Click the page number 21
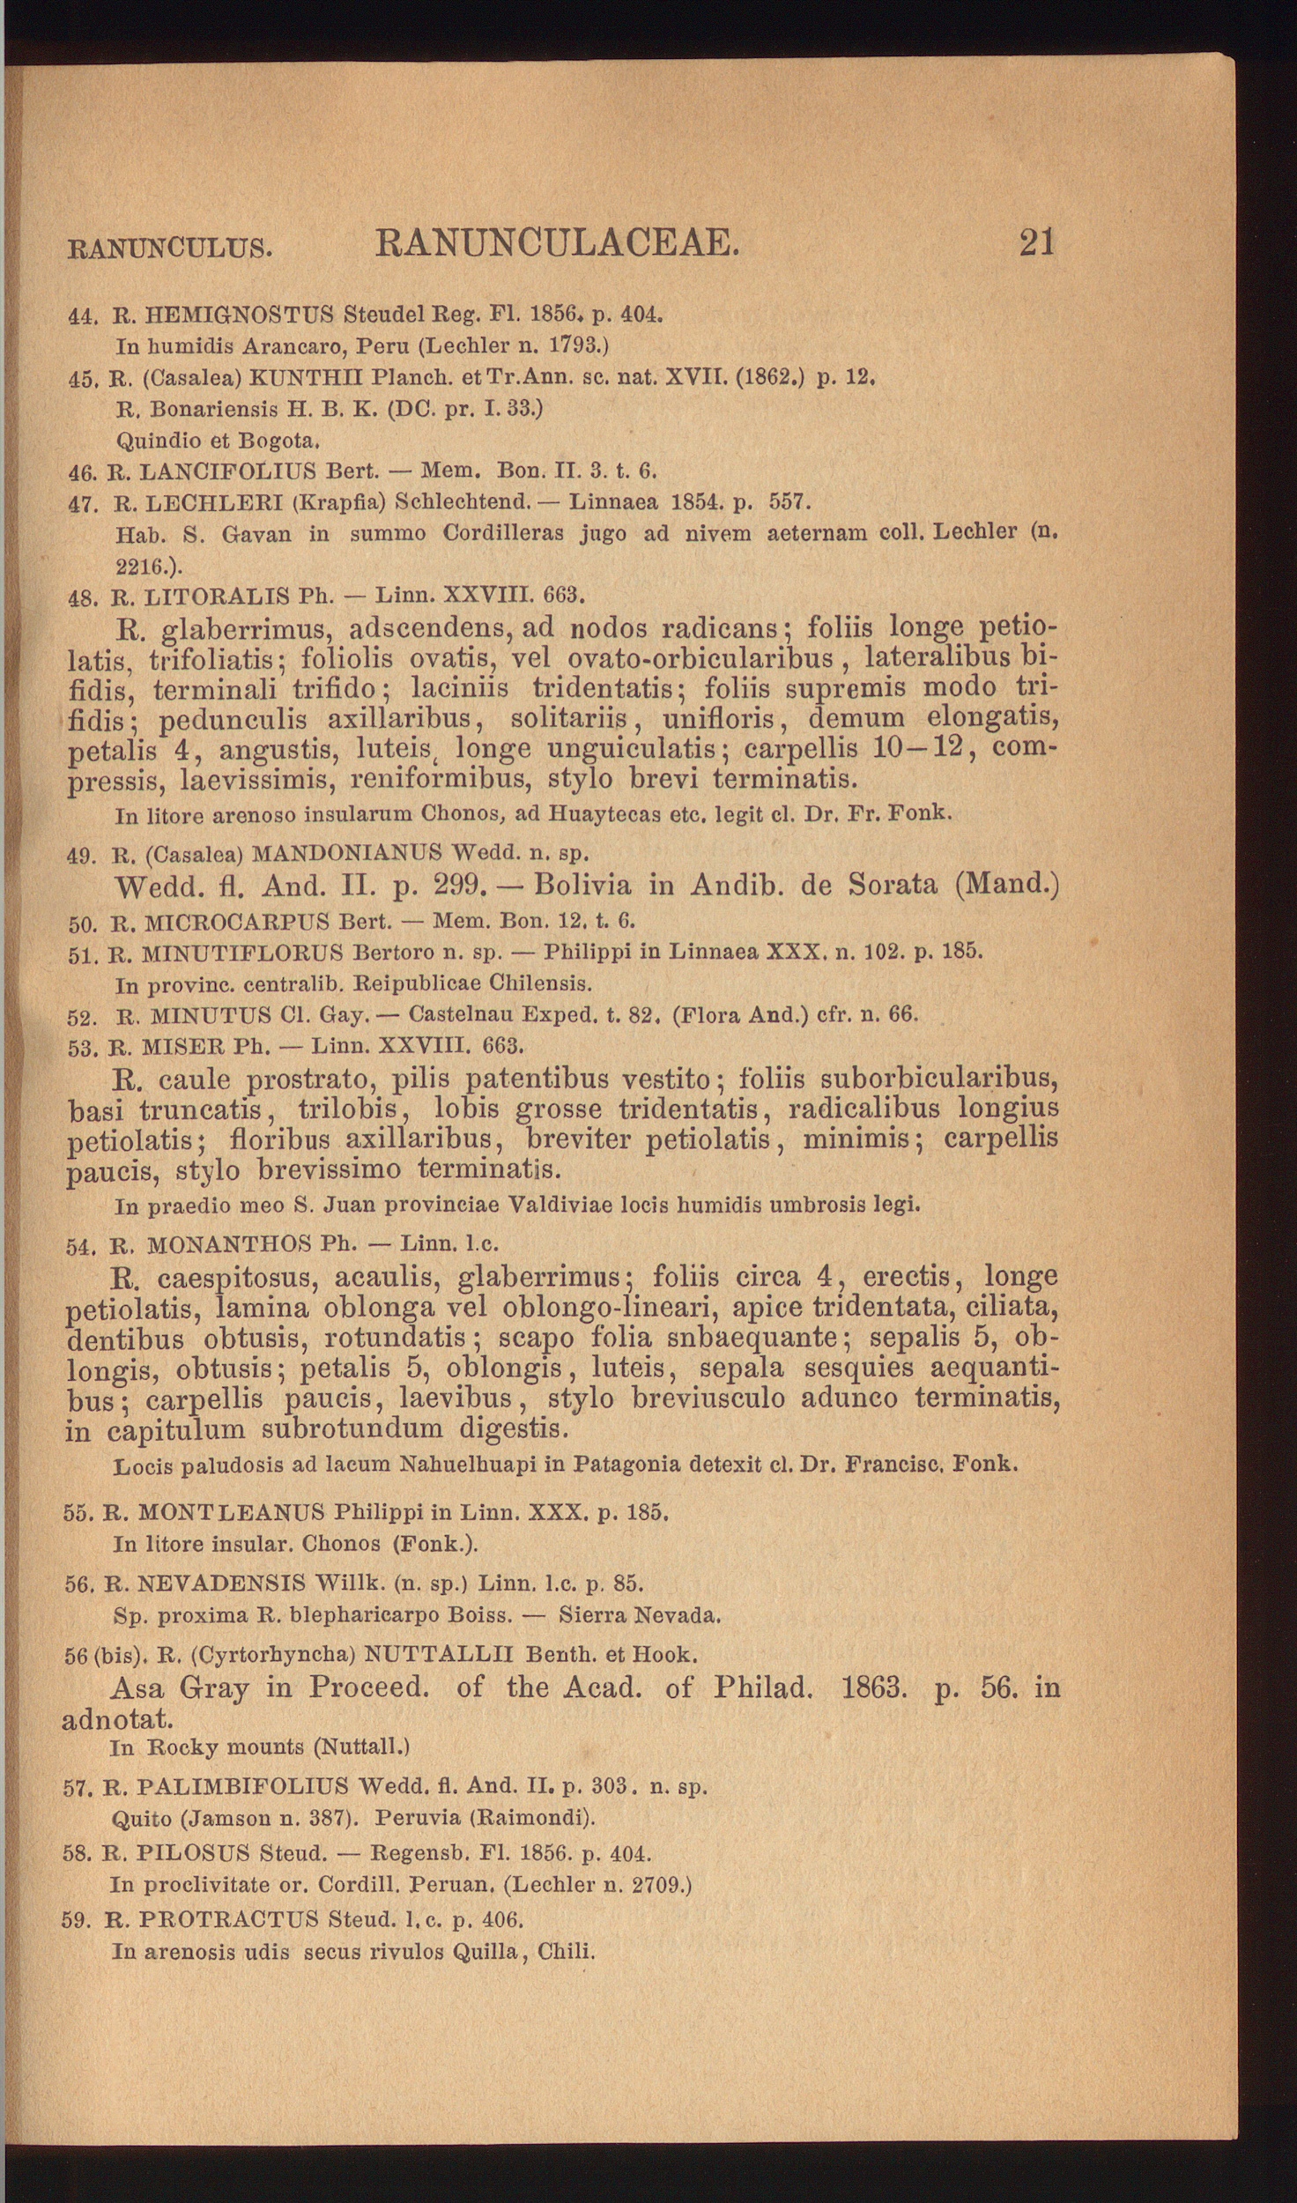[1036, 242]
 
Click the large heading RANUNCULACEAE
[557, 242]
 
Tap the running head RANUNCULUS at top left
[169, 248]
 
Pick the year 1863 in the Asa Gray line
[873, 1687]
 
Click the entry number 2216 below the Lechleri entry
[140, 564]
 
